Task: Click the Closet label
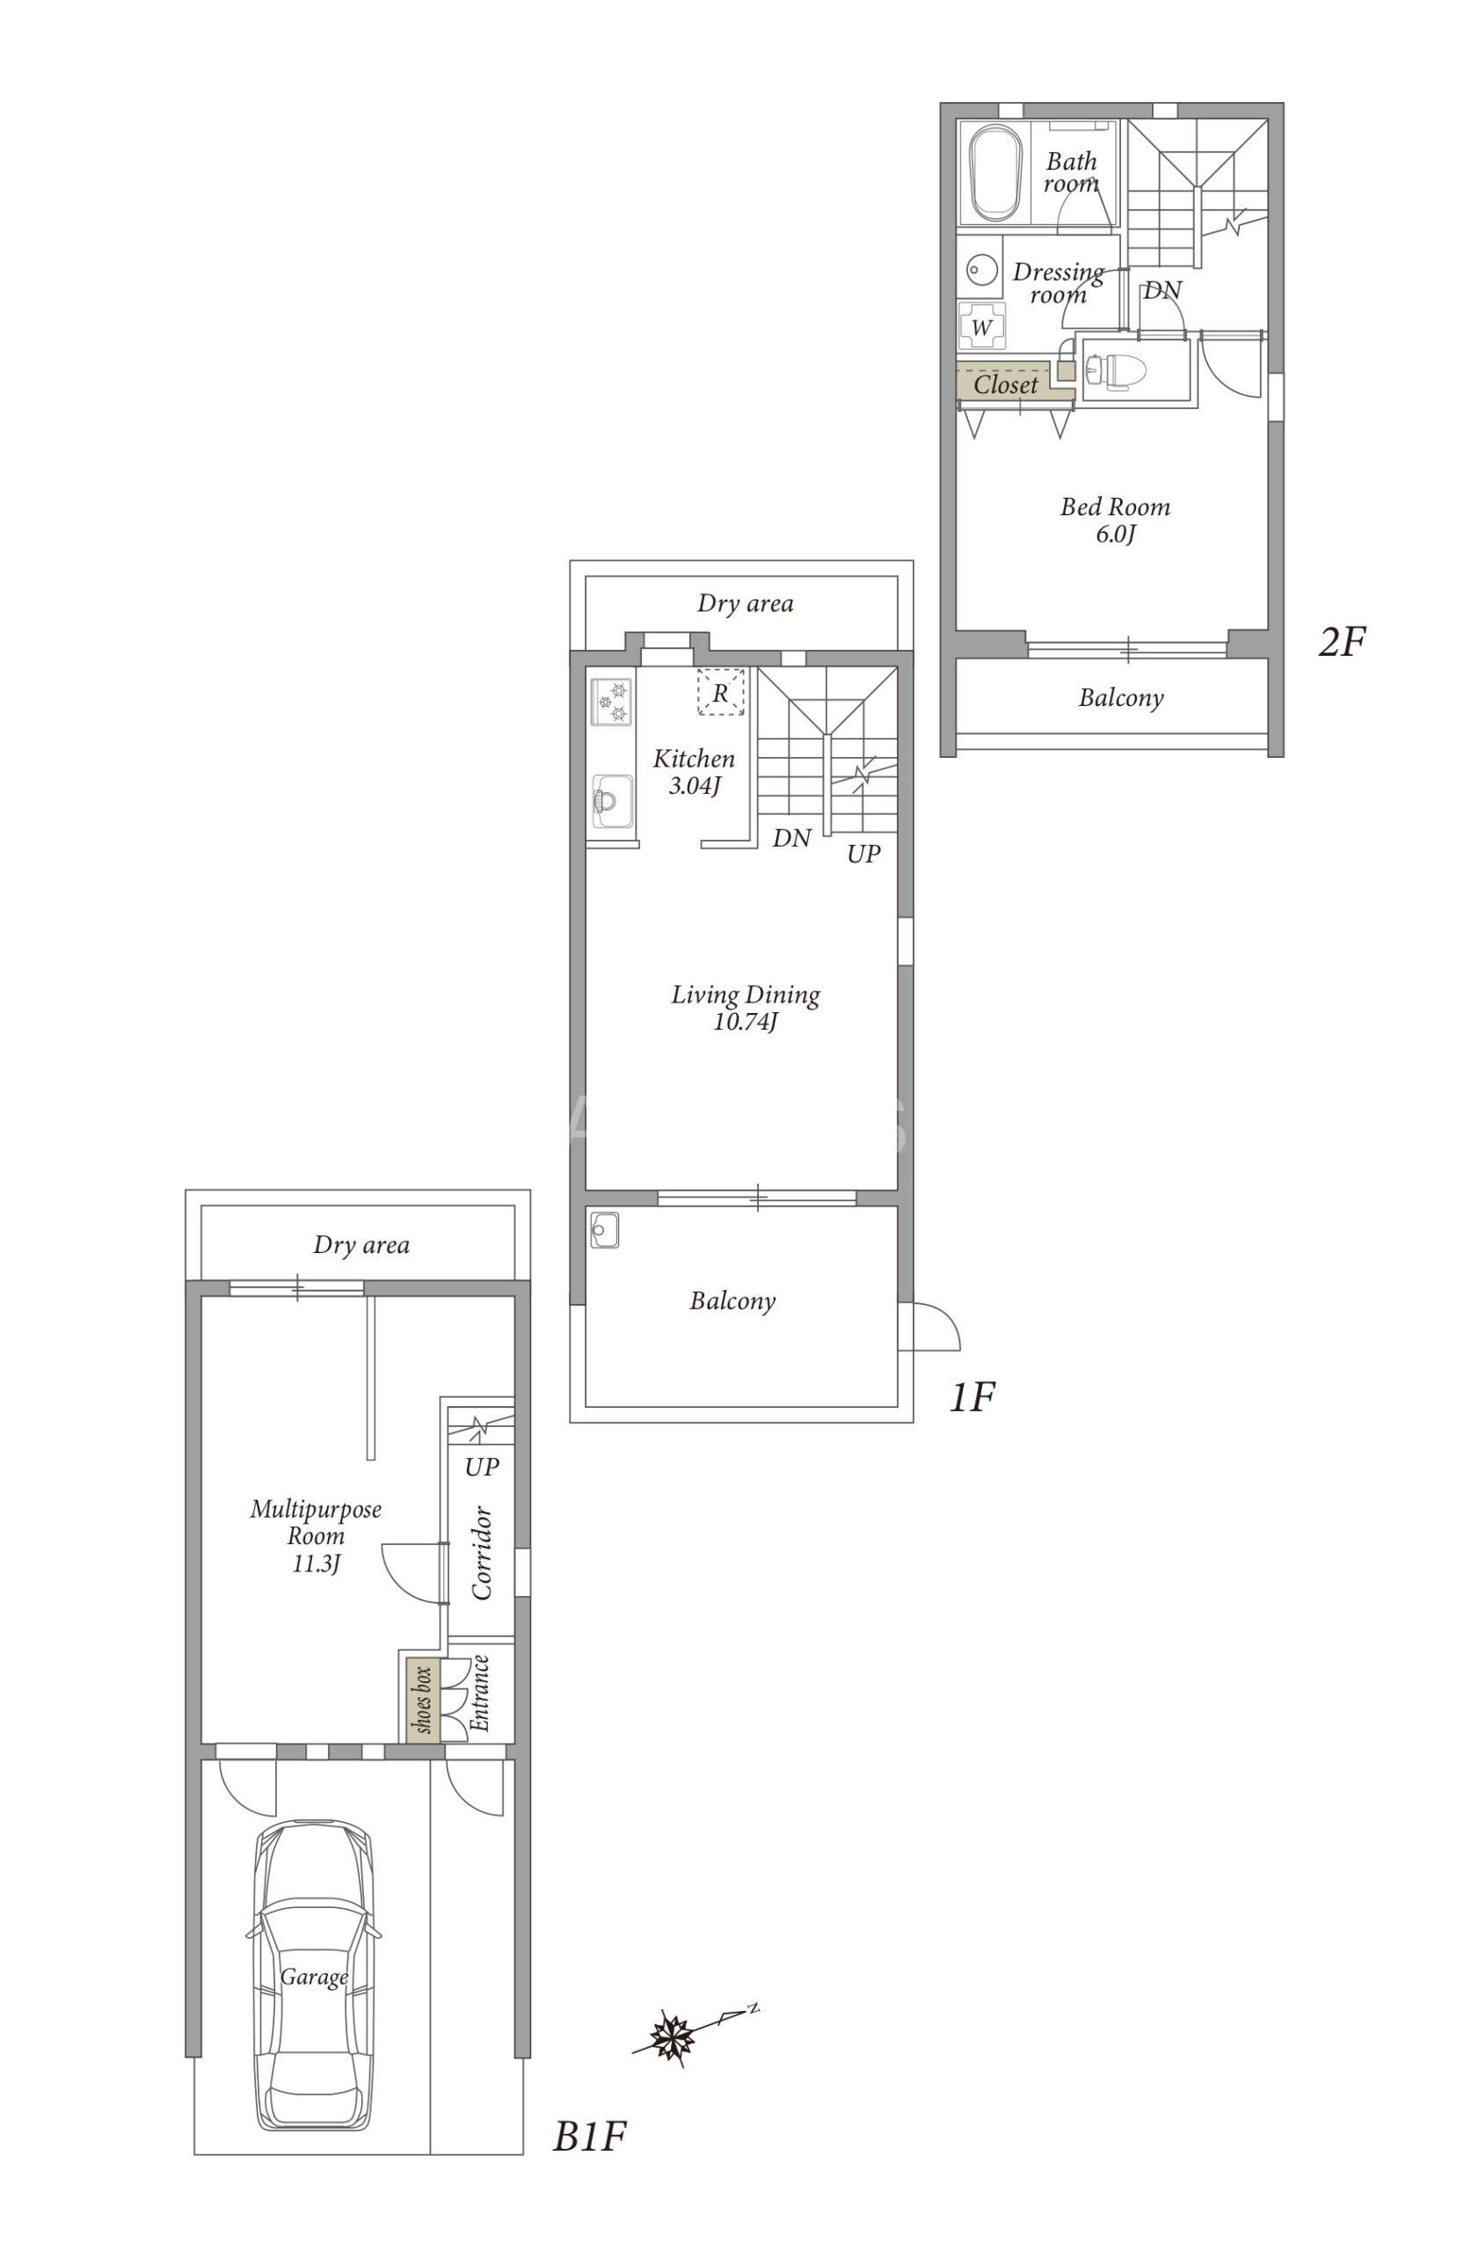click(x=1005, y=385)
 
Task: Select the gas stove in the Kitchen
click(x=611, y=702)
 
